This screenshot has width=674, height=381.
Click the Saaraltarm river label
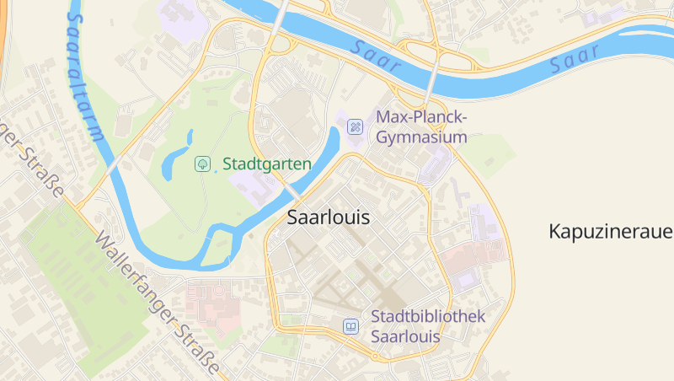tap(84, 76)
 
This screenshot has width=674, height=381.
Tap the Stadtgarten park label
tap(267, 164)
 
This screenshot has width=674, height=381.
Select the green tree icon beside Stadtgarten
tap(202, 164)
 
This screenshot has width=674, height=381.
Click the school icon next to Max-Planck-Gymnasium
tap(356, 126)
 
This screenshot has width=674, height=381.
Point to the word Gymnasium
tap(421, 137)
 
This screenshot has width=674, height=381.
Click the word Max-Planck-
tap(421, 116)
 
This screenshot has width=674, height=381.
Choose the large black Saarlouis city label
tap(329, 217)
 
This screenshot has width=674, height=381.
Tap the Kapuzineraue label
tap(610, 231)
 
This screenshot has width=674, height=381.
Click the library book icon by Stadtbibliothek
tap(350, 326)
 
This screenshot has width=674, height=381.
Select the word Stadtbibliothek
tap(428, 316)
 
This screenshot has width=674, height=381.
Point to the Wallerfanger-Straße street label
tap(158, 305)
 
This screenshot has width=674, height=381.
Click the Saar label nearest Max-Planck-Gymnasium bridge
tap(372, 51)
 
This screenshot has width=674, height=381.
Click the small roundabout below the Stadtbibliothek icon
tap(373, 357)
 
